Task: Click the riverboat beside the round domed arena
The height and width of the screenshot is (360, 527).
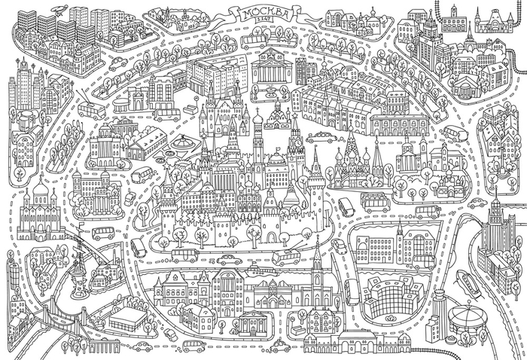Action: (471, 285)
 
